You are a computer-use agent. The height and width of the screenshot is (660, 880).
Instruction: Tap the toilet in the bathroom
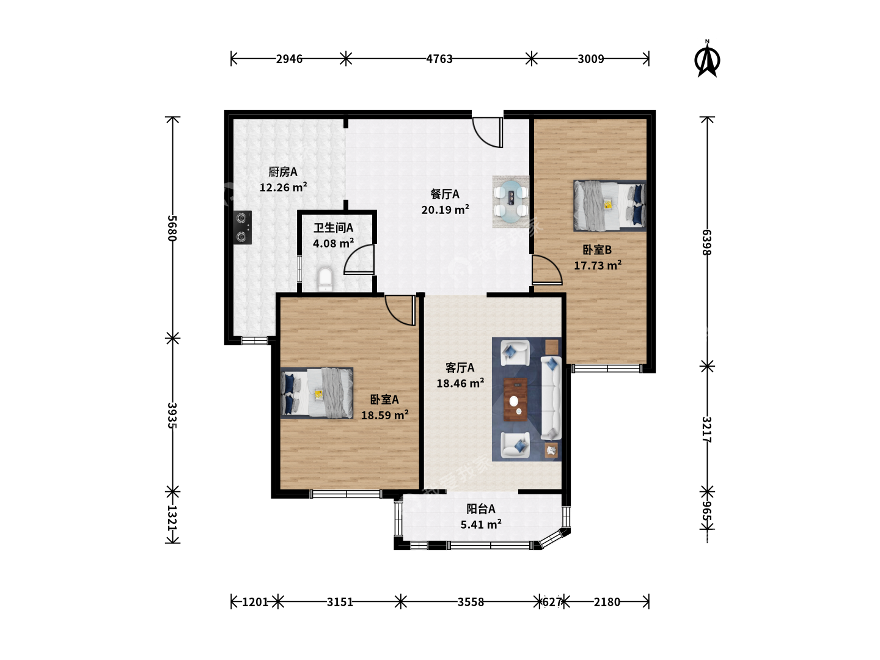325,279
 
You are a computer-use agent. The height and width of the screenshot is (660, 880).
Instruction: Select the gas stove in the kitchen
243,227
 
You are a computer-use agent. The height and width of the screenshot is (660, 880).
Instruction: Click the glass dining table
511,201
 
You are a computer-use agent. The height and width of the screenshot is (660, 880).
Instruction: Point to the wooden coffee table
515,399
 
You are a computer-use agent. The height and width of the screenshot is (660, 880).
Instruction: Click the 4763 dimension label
439,59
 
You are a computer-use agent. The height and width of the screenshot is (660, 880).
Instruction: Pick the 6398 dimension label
706,243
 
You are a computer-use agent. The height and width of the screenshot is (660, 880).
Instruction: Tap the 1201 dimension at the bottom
255,602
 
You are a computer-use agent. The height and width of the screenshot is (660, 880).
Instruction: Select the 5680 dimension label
172,228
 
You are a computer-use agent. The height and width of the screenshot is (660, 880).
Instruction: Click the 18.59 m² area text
384,415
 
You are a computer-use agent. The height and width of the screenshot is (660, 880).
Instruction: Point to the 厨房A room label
283,172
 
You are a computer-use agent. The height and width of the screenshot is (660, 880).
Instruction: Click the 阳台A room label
481,509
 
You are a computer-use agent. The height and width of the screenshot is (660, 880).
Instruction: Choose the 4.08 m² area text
333,243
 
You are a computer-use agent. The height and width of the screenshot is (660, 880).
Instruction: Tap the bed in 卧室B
609,205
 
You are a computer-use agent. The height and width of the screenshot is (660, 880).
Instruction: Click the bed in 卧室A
317,393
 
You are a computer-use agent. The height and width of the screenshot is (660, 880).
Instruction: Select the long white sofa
551,397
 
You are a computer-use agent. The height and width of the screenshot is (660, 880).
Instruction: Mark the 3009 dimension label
590,59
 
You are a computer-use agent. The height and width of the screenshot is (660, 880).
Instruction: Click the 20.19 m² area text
445,210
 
